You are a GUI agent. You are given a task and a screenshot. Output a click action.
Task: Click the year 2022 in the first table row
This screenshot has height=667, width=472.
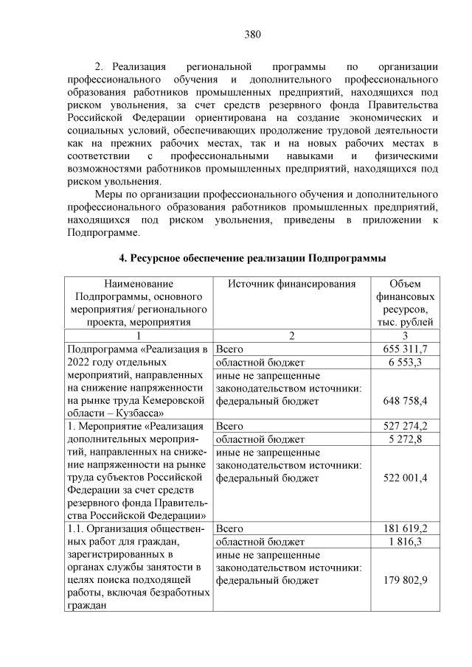79,363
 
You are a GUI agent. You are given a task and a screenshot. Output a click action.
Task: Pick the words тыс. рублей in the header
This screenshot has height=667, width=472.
406,321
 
